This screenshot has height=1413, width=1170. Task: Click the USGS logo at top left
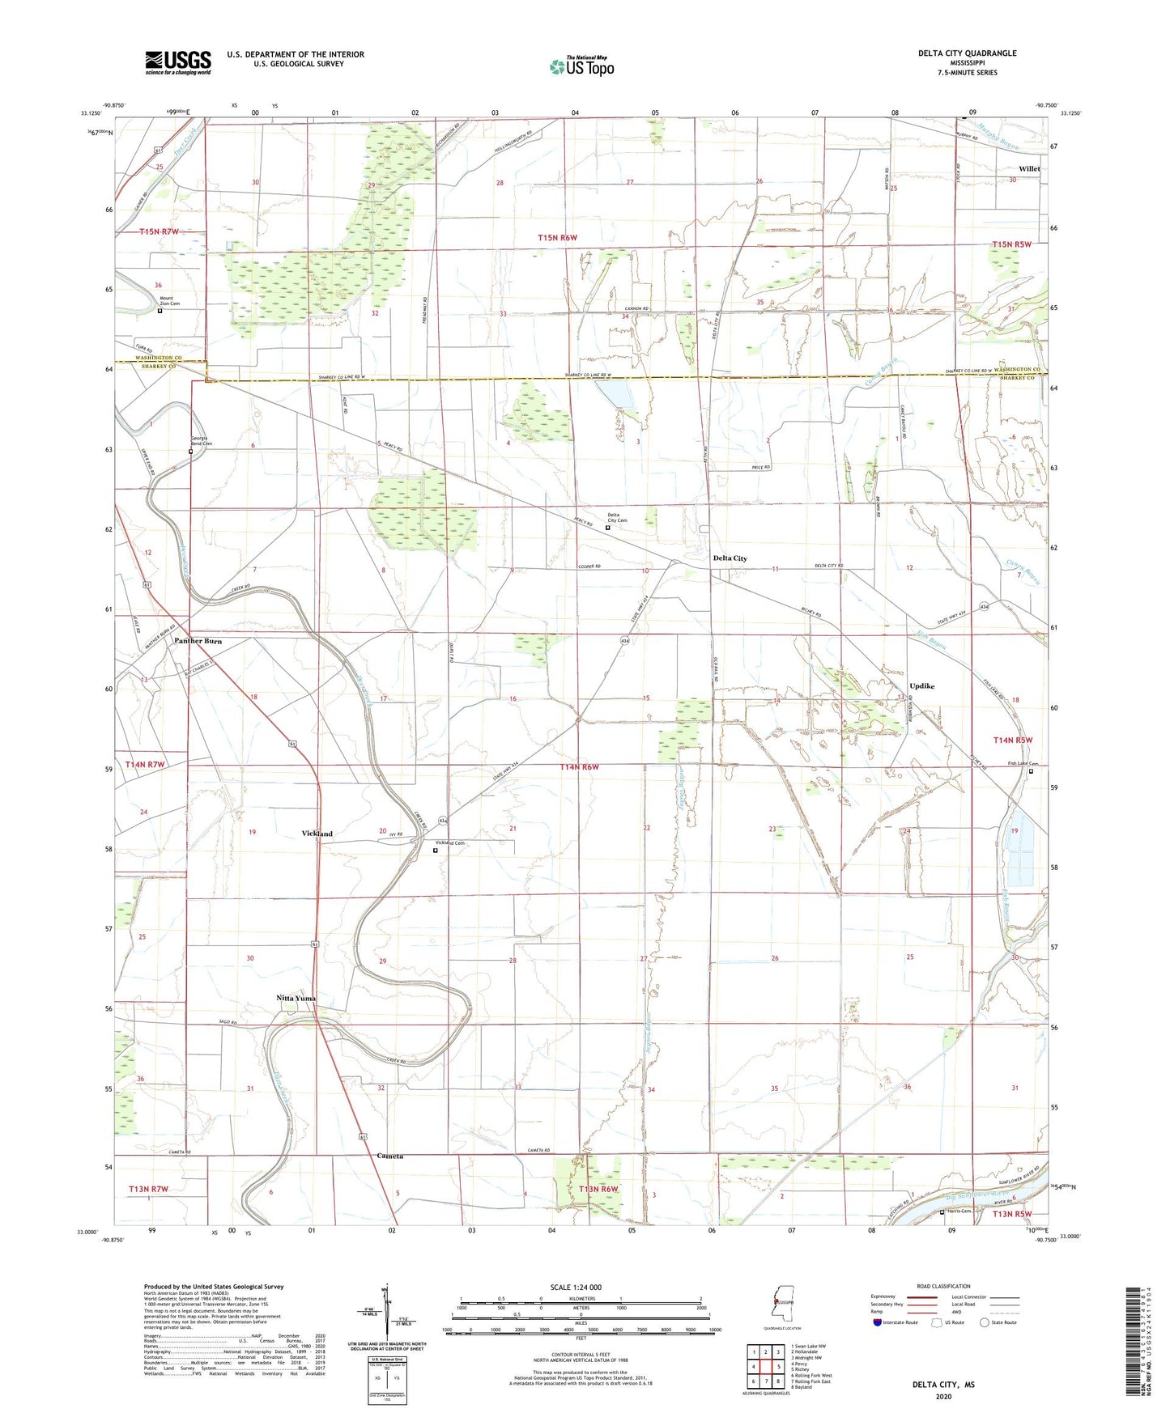177,62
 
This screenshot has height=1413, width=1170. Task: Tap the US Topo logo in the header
581,66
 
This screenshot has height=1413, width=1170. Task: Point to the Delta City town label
730,558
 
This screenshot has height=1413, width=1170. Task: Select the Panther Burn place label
198,641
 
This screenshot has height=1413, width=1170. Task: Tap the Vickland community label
317,834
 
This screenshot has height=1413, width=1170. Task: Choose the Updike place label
921,686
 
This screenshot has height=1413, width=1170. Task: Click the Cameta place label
389,1156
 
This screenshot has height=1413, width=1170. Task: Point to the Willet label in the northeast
1029,169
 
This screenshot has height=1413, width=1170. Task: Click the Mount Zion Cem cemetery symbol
160,311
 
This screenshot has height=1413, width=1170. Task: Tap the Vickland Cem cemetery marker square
435,851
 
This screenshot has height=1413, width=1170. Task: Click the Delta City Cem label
617,518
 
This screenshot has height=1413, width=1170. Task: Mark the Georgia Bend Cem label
201,441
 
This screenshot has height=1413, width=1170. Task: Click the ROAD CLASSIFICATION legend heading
943,1286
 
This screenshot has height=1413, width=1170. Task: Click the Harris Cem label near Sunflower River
959,1211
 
